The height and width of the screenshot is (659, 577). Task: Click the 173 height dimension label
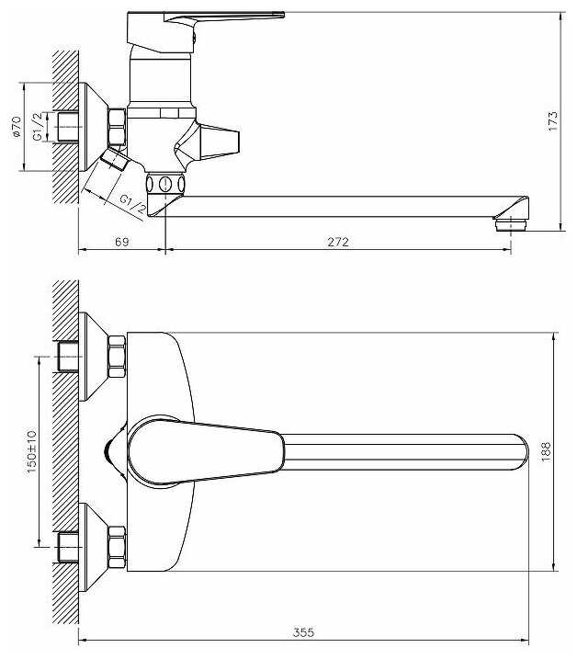pyautogui.click(x=553, y=120)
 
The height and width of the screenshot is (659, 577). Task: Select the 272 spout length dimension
pyautogui.click(x=339, y=242)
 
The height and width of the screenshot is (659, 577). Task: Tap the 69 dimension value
pyautogui.click(x=120, y=242)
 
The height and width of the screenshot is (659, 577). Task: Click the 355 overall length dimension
pyautogui.click(x=304, y=632)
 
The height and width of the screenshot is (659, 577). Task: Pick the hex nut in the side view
pyautogui.click(x=117, y=126)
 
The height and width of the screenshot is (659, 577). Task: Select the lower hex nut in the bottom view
pyautogui.click(x=117, y=544)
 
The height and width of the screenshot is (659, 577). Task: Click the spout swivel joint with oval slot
pyautogui.click(x=164, y=184)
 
